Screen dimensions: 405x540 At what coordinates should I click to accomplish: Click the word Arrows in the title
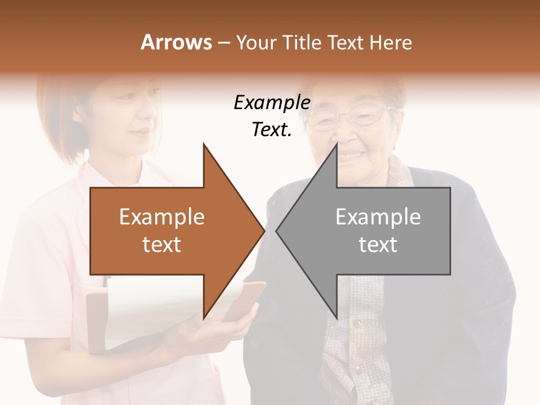coord(175,42)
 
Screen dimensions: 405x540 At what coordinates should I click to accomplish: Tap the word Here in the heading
coord(391,42)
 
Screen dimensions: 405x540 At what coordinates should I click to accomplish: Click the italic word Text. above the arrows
coord(272,130)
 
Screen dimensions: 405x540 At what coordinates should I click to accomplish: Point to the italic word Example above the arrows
coord(272,103)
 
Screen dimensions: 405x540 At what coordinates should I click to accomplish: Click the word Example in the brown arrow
coord(161,217)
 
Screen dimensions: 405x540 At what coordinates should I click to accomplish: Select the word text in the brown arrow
coord(161,244)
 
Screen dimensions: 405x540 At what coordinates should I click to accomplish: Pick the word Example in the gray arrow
coord(378,217)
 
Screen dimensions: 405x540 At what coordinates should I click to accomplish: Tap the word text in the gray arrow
coord(378,244)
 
